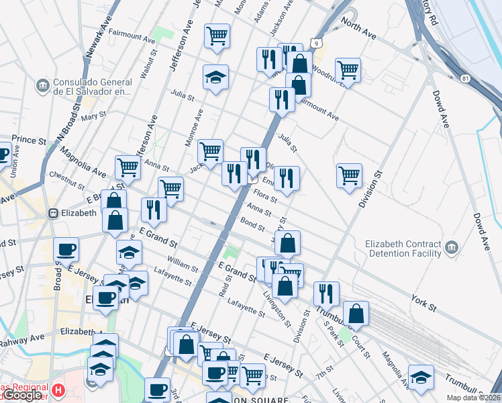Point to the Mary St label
(89, 117)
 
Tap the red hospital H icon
(59, 390)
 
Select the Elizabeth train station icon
(53, 213)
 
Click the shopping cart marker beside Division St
(349, 176)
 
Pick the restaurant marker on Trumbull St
(326, 293)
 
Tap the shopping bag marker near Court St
(356, 313)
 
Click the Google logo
(22, 396)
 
